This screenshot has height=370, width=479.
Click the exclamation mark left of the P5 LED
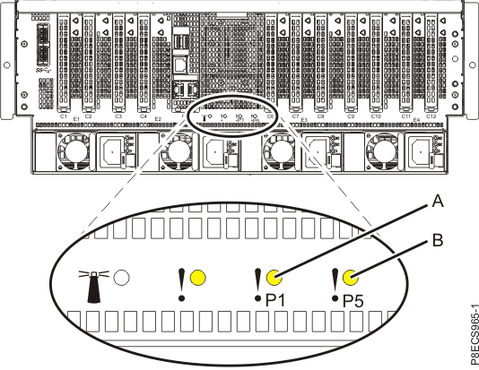click(335, 281)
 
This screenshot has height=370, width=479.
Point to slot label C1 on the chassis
click(64, 116)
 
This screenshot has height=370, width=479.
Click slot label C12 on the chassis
click(431, 116)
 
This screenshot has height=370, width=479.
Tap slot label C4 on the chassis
click(144, 116)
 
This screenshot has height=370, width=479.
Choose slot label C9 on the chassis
click(351, 116)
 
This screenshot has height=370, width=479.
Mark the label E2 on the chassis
click(157, 119)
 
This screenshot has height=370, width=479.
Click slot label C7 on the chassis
click(296, 116)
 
